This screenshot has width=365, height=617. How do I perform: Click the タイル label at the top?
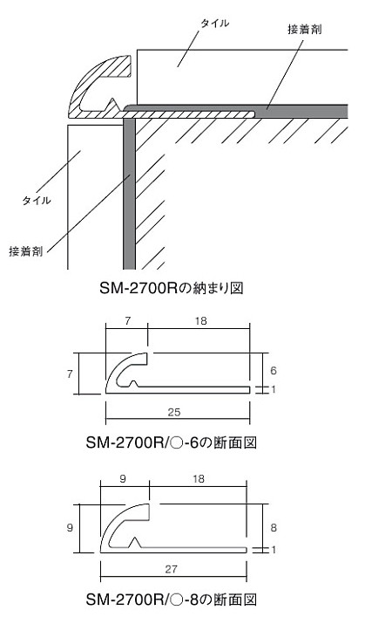pyautogui.click(x=214, y=24)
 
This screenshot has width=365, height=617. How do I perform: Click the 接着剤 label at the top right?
pyautogui.click(x=305, y=29)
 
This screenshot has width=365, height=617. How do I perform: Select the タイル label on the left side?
pyautogui.click(x=37, y=201)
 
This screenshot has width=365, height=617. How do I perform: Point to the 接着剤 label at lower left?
pyautogui.click(x=26, y=251)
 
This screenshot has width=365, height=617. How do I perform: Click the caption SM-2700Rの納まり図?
pyautogui.click(x=172, y=288)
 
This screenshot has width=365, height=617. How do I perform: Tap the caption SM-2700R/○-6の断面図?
pyautogui.click(x=172, y=443)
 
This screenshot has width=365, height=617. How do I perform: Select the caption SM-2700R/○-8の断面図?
pyautogui.click(x=172, y=600)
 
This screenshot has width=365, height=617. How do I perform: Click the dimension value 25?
pyautogui.click(x=174, y=412)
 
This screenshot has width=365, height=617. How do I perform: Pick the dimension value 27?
pyautogui.click(x=171, y=569)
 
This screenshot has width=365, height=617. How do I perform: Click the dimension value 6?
pyautogui.click(x=274, y=370)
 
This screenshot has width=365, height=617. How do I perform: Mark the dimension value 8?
pyautogui.click(x=274, y=527)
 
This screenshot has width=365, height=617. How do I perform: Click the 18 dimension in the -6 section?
pyautogui.click(x=200, y=321)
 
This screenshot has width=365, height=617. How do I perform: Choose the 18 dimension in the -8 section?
pyautogui.click(x=199, y=478)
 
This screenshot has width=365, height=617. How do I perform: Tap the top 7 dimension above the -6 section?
pyautogui.click(x=127, y=321)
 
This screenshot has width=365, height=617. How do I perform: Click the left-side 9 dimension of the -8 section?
pyautogui.click(x=70, y=527)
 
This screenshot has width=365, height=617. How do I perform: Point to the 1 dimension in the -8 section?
pyautogui.click(x=274, y=549)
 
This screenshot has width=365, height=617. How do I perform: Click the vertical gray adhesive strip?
pyautogui.click(x=129, y=194)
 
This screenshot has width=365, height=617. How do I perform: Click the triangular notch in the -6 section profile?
pyautogui.click(x=133, y=384)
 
